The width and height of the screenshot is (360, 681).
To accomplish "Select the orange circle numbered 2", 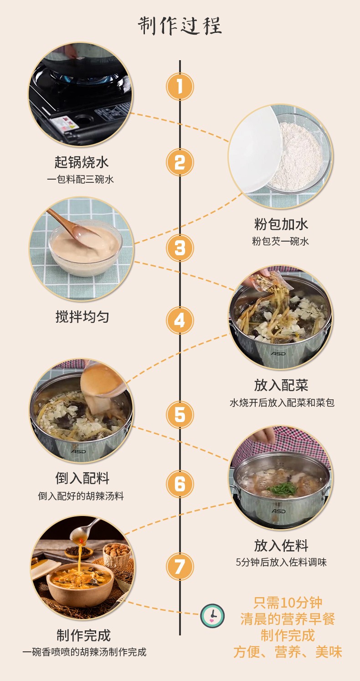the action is pos(180,162).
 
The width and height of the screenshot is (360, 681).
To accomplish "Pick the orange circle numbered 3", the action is pos(180,248).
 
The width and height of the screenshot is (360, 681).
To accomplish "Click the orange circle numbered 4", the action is pos(180,320).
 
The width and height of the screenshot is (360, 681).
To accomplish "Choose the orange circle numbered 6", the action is pos(180,484).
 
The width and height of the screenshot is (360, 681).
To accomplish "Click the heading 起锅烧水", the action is pos(82,162).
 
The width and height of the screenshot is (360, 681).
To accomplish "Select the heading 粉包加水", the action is pos(281,224).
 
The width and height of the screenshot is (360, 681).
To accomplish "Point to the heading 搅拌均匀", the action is pos(82,316).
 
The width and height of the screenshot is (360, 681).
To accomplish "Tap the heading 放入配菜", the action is pos(281,385).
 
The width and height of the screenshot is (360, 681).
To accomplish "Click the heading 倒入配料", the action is pos(82,478).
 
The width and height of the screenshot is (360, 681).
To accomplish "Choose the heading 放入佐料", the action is pos(281,546).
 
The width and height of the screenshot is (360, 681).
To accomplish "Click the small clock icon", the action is pos(212,616).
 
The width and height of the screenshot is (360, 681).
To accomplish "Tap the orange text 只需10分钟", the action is pos(288,602).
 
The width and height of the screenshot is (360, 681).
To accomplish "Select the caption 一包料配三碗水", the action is pos(81,180).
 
